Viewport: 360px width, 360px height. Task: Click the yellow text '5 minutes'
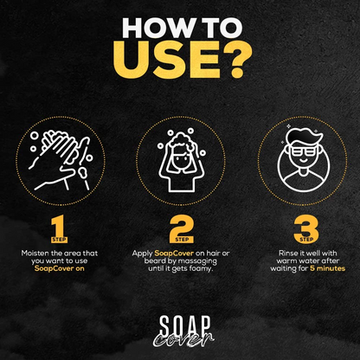pyautogui.click(x=324, y=269)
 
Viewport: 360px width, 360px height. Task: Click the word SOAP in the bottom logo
pyautogui.click(x=181, y=322)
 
